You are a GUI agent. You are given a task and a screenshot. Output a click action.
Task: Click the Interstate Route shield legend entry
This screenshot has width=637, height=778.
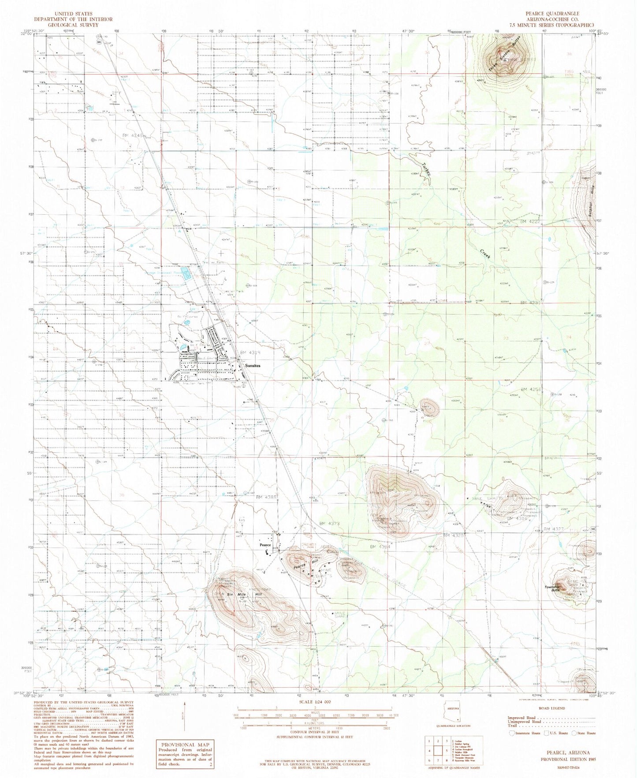click(x=524, y=733)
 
